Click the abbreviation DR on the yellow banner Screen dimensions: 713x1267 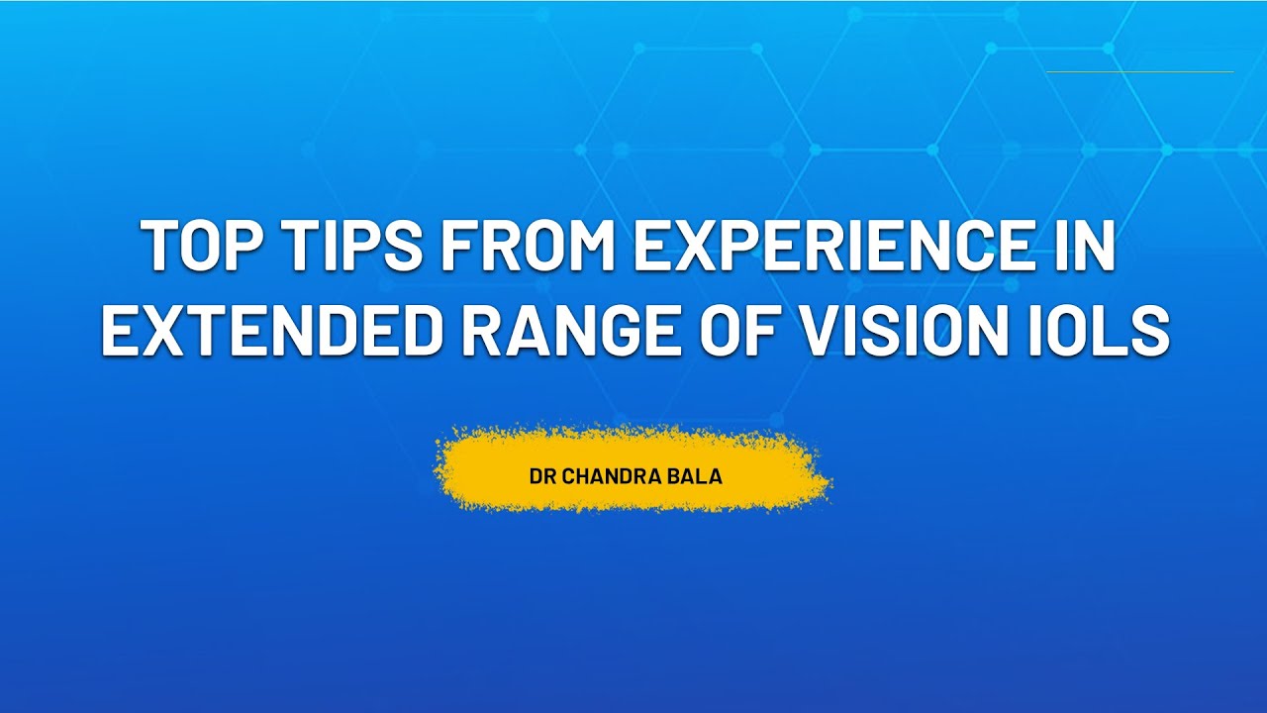[542, 476]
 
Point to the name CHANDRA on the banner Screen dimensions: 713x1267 [614, 476]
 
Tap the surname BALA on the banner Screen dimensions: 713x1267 [699, 476]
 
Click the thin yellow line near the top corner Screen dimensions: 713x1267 [1139, 71]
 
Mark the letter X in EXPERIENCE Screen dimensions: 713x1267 [692, 247]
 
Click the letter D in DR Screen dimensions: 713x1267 [536, 476]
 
